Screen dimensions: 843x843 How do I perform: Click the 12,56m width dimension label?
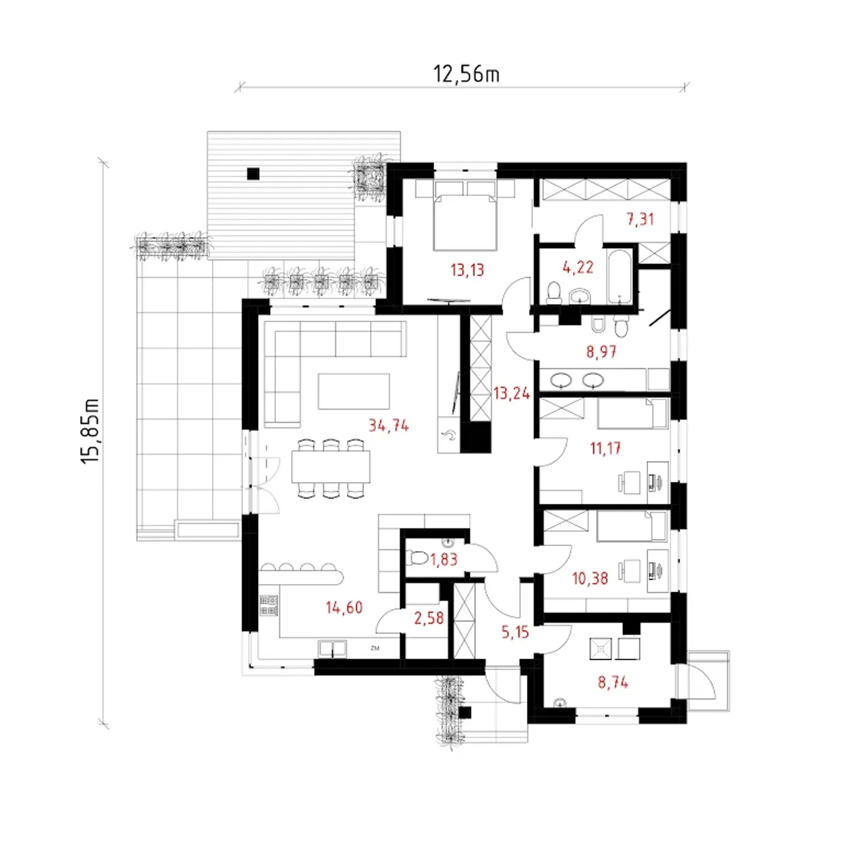tap(466, 74)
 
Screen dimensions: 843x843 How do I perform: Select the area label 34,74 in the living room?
tap(389, 425)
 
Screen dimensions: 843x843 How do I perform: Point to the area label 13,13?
tap(468, 271)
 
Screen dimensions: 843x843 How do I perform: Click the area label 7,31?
tap(640, 219)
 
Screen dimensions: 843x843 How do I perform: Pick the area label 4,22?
tap(578, 267)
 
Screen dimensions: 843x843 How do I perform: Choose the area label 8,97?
tap(601, 351)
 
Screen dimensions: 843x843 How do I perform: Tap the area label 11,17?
tap(605, 449)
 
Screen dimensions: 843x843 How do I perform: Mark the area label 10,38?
tap(590, 578)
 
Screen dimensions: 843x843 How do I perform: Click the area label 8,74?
tap(613, 682)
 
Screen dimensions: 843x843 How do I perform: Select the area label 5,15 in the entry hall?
tap(515, 632)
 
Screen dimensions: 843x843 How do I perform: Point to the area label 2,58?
tap(429, 618)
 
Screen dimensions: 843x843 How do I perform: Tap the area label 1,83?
tap(444, 559)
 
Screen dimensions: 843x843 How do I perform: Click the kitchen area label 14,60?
tap(344, 607)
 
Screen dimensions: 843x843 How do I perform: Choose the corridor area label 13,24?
tap(512, 394)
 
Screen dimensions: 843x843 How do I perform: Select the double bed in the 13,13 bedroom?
tap(466, 223)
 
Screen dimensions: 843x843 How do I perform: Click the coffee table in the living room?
tap(354, 391)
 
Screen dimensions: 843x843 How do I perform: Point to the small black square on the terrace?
tap(253, 174)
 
